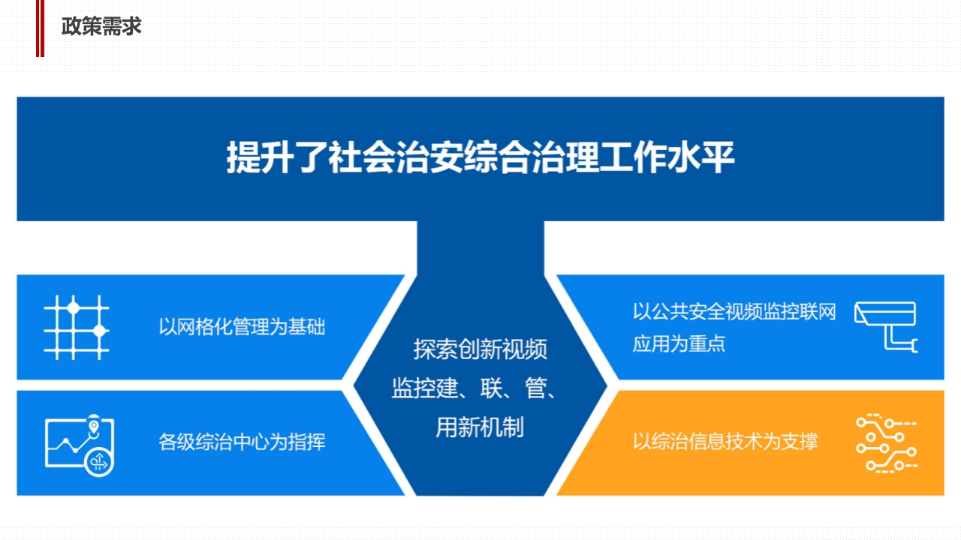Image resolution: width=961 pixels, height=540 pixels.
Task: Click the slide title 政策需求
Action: click(x=101, y=26)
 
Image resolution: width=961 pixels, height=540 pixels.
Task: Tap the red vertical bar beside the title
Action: click(x=40, y=28)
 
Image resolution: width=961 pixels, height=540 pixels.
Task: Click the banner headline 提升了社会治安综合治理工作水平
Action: click(x=480, y=157)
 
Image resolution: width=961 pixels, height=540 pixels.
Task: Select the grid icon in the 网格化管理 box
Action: click(x=77, y=328)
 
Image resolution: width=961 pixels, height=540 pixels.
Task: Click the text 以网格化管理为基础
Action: click(x=242, y=327)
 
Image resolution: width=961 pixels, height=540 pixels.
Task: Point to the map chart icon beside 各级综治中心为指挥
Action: click(x=80, y=445)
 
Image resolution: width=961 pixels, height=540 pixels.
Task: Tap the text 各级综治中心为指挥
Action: click(x=242, y=442)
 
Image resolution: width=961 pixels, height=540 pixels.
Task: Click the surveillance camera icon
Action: click(x=886, y=326)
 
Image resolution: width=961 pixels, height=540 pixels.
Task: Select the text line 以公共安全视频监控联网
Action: click(x=734, y=311)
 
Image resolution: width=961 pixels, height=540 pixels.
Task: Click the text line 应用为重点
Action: click(x=679, y=343)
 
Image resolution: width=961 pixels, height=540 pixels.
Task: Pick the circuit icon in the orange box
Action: click(x=887, y=443)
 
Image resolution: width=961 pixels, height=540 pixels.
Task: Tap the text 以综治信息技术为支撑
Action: click(x=725, y=442)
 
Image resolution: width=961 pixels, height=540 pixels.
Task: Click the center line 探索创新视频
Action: click(x=480, y=349)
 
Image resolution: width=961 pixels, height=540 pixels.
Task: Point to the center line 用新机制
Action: click(x=480, y=427)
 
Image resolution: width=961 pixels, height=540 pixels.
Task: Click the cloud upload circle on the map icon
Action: click(x=99, y=462)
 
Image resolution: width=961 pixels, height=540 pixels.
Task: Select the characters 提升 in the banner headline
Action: click(x=260, y=157)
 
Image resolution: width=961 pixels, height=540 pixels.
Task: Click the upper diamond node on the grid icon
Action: click(x=74, y=307)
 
